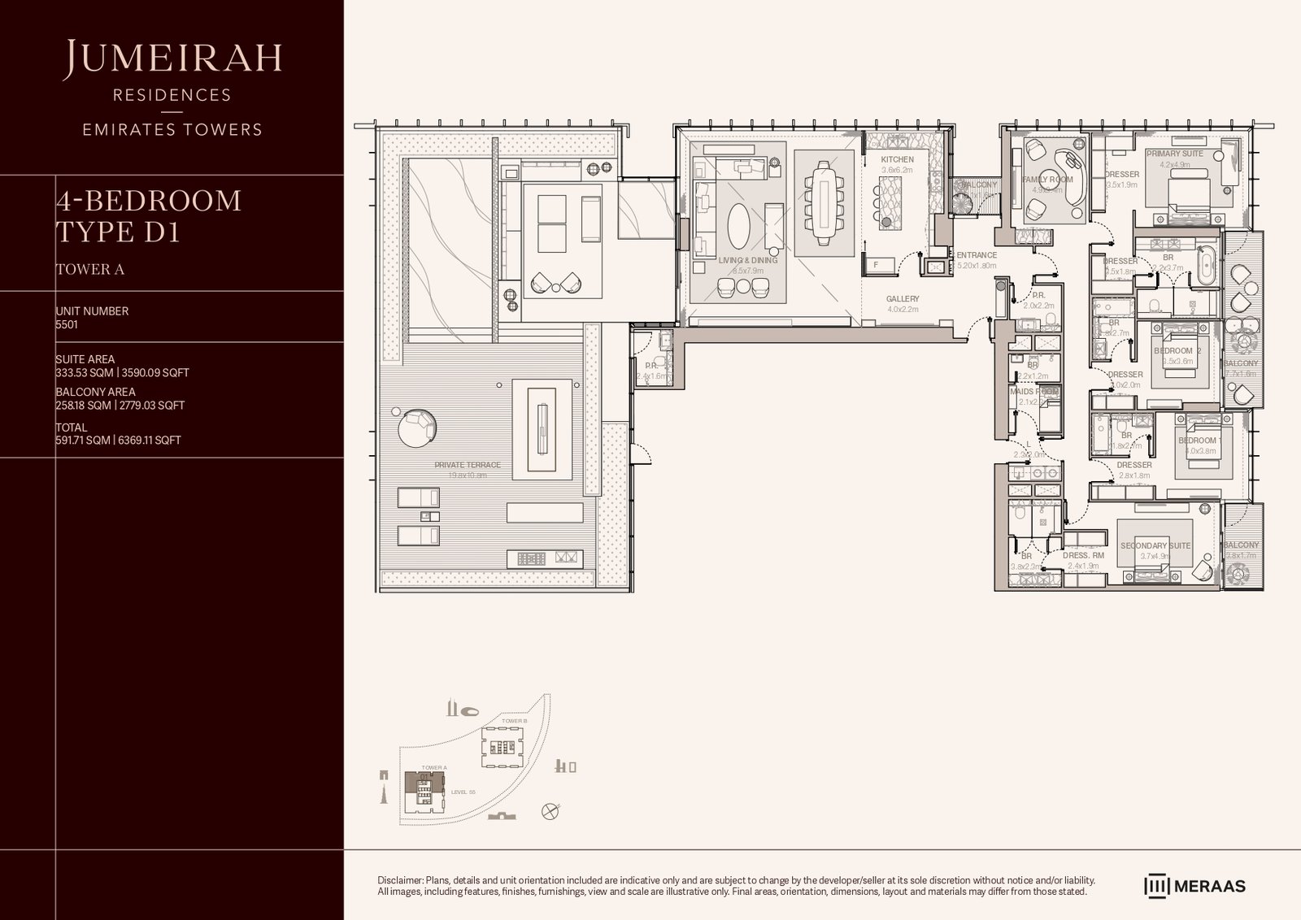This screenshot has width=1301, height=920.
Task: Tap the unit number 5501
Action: coord(67,324)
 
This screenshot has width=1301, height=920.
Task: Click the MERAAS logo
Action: coord(1195,886)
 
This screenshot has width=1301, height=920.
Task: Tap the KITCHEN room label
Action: coord(897,159)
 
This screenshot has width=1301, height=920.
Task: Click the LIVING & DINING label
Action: coord(748,260)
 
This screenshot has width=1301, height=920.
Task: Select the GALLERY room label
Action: coord(903,299)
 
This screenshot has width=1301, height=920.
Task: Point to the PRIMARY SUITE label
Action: coord(1174,154)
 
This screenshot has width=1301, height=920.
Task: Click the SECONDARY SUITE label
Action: coord(1155,545)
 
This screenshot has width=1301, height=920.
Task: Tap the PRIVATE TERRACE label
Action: coord(468,465)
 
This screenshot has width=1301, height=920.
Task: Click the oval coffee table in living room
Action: coord(738,226)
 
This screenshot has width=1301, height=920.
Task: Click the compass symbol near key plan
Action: coord(551,811)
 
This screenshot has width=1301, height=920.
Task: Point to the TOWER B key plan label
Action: coord(515,721)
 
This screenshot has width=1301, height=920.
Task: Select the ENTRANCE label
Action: coord(977,255)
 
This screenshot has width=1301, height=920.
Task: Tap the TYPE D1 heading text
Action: coord(117,232)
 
